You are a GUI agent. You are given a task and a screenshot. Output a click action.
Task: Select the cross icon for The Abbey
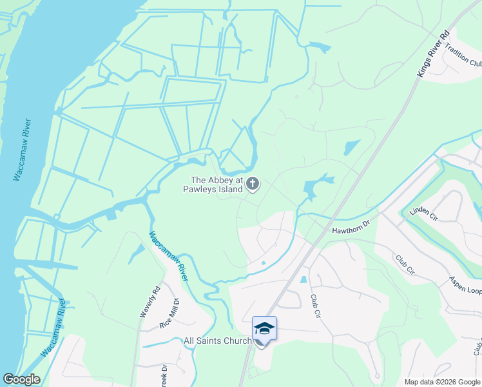(x=253, y=185)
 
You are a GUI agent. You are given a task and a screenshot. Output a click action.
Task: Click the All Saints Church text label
(x=217, y=341)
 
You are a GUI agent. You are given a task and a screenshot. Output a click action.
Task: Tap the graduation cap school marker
(x=264, y=330)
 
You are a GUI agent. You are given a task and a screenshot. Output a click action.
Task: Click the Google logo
(x=21, y=379)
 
